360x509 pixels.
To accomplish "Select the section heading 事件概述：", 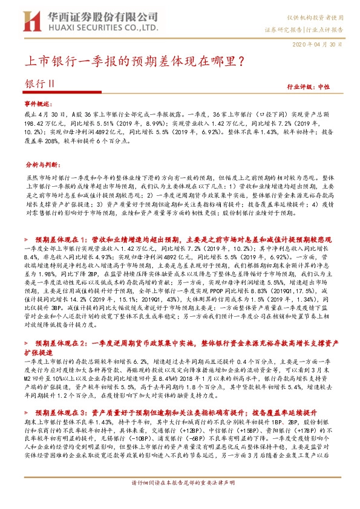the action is point(39,105).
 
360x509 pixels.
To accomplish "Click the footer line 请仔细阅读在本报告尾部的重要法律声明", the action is point(180,499).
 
